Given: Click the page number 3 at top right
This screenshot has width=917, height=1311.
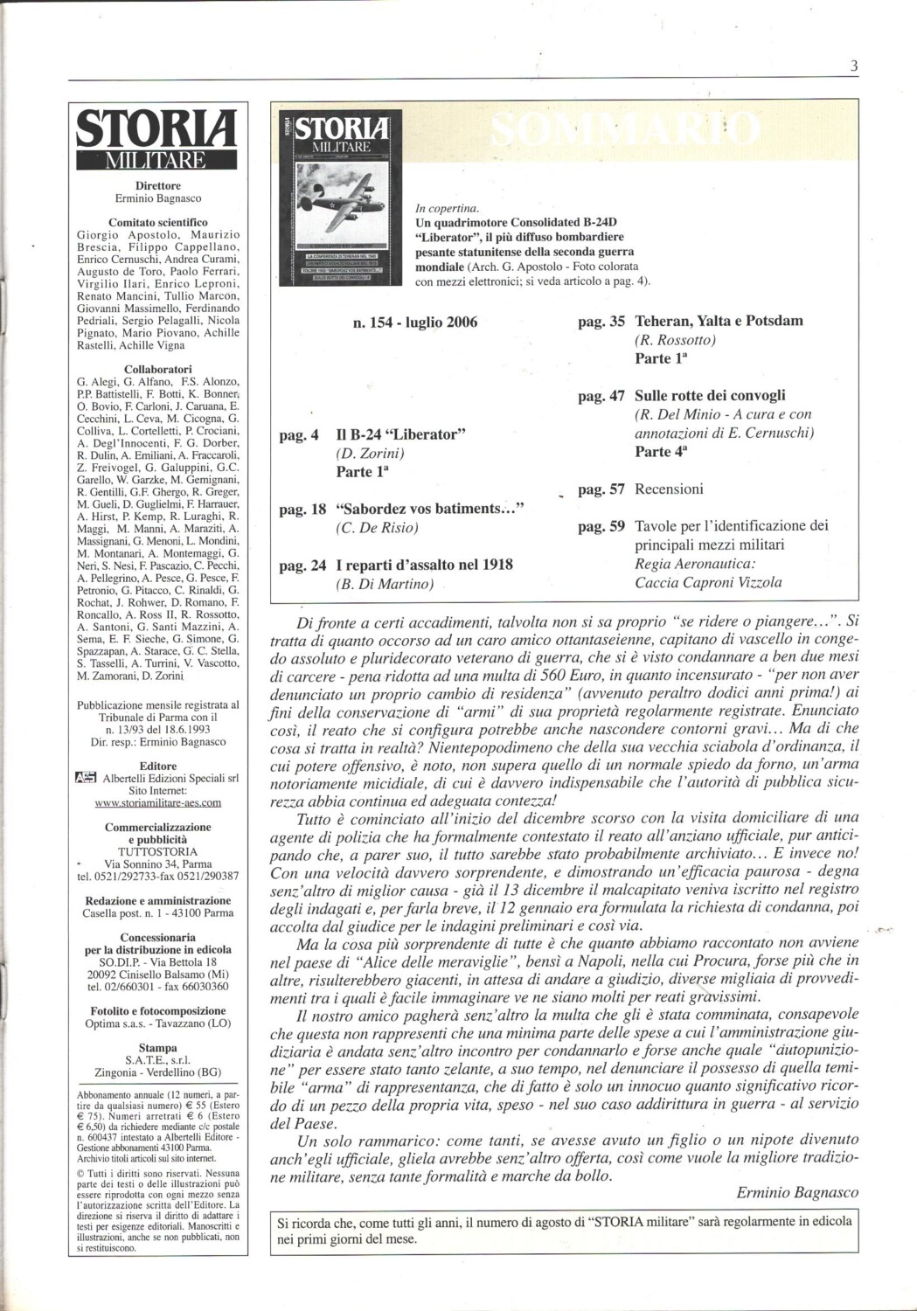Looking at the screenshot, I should pos(853,66).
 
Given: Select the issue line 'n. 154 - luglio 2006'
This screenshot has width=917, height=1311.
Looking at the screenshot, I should pos(415,323).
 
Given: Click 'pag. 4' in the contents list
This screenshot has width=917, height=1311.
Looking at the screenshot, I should pos(299,434).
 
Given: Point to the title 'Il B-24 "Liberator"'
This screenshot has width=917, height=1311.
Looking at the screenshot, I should pos(400,434).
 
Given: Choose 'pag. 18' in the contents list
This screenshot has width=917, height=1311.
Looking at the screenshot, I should pos(302,509).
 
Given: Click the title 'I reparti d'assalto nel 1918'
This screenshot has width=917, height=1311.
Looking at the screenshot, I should pos(424,565).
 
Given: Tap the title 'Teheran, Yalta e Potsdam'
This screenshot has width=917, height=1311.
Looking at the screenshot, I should pos(719,321).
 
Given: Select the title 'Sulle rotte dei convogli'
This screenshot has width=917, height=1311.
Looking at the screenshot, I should pos(710,396).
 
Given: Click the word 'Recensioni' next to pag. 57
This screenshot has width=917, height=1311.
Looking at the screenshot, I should pos(669,489).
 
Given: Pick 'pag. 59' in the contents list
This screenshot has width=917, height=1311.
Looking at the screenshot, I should pos(601,526).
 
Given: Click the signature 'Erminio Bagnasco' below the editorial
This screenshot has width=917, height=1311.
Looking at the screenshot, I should pos(797,1192).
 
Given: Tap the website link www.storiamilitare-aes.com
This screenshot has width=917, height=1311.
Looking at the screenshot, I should pos(157,802).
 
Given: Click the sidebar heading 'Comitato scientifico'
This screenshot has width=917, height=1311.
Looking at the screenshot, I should pos(158,223).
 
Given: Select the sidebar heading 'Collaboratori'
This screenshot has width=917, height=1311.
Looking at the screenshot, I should pos(158,370).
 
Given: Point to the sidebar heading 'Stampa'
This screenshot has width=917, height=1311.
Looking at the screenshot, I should pos(157,1048).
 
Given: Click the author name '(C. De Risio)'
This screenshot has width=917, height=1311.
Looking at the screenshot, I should pos(377,528).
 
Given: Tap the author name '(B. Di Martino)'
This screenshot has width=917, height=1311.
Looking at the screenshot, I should pos(385,584).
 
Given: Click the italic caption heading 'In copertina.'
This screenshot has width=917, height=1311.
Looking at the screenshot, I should pos(448,209).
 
